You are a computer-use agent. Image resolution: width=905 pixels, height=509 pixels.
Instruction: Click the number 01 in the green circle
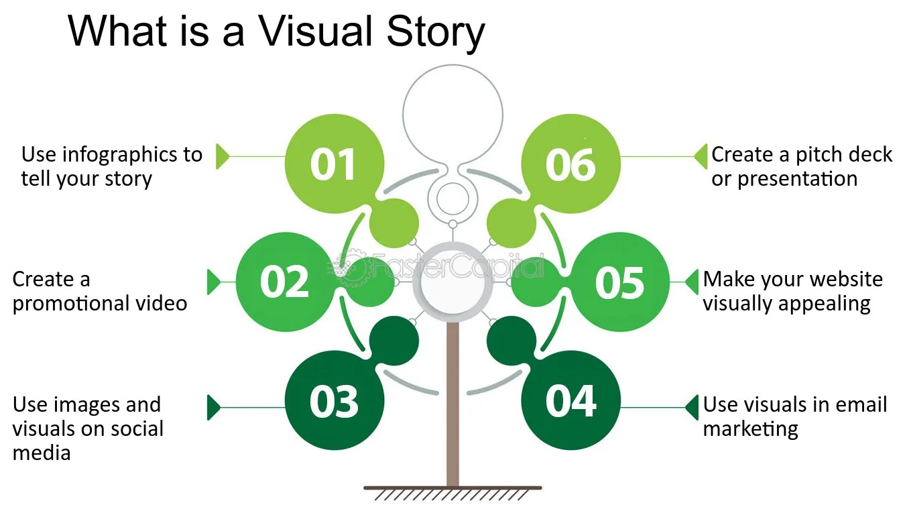pyautogui.click(x=333, y=164)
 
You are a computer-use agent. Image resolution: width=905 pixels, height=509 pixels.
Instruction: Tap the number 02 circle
pyautogui.click(x=284, y=282)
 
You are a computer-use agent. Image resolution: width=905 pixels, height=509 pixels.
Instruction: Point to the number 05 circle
pyautogui.click(x=620, y=282)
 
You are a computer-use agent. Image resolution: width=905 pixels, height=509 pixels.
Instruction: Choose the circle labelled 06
pyautogui.click(x=570, y=164)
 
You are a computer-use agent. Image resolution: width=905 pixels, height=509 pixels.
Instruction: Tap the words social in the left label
pyautogui.click(x=131, y=429)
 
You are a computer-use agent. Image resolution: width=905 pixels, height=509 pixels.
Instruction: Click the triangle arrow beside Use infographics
pyautogui.click(x=222, y=156)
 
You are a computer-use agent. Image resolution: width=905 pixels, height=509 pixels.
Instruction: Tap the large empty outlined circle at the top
pyautogui.click(x=452, y=114)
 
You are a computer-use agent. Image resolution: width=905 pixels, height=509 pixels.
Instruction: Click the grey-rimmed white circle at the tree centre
pyautogui.click(x=452, y=282)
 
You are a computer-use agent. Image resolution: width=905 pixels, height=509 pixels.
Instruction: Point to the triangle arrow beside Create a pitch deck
pyautogui.click(x=700, y=156)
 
